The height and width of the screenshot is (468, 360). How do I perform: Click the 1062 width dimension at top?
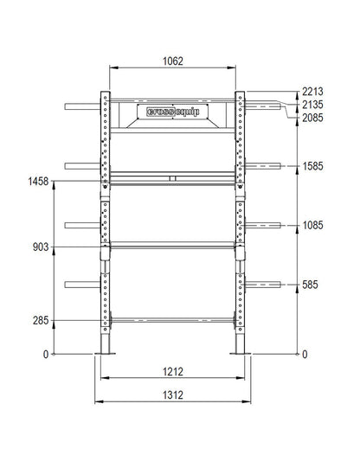click(172, 61)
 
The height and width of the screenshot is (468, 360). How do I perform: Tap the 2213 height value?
click(312, 92)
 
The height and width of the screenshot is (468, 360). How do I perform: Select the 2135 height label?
click(312, 105)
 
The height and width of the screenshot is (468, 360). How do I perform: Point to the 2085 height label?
click(312, 118)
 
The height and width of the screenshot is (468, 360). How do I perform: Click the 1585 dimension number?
click(312, 166)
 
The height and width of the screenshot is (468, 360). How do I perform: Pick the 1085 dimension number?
click(312, 225)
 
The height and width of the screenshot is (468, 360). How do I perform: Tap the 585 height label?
click(310, 285)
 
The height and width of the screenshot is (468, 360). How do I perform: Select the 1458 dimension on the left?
click(38, 181)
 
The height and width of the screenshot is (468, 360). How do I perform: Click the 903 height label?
click(41, 247)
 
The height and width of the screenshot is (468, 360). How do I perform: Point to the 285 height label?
click(41, 321)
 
